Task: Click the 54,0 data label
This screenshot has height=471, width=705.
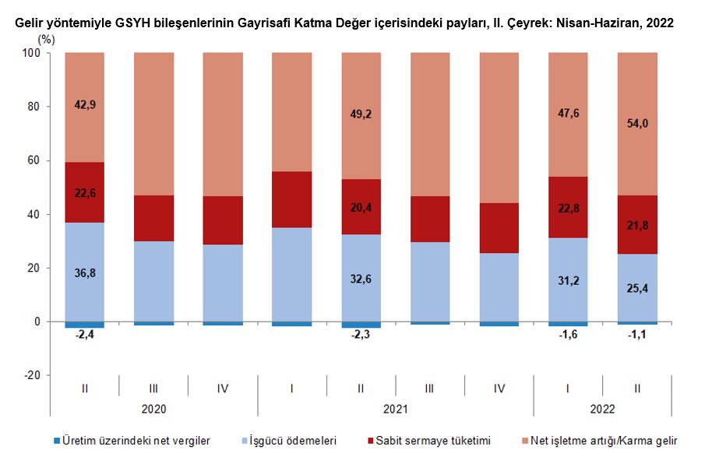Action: [x=637, y=124]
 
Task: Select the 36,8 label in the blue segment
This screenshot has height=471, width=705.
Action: [x=85, y=272]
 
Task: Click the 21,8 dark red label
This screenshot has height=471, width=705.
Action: [x=637, y=225]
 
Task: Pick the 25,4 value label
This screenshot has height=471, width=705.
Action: [x=637, y=287]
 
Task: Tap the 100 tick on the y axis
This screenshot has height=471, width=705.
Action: [x=31, y=53]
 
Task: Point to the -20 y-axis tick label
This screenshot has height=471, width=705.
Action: [x=31, y=375]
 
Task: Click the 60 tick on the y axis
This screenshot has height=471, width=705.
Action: [x=34, y=160]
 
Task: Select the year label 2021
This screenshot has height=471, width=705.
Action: [x=396, y=408]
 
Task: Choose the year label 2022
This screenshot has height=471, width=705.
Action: [x=603, y=408]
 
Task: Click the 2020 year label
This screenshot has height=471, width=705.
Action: [x=154, y=408]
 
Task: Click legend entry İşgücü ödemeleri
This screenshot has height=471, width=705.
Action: [x=294, y=441]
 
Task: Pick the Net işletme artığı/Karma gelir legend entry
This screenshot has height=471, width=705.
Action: [x=604, y=441]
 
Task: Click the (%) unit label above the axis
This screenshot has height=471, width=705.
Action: [x=46, y=37]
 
